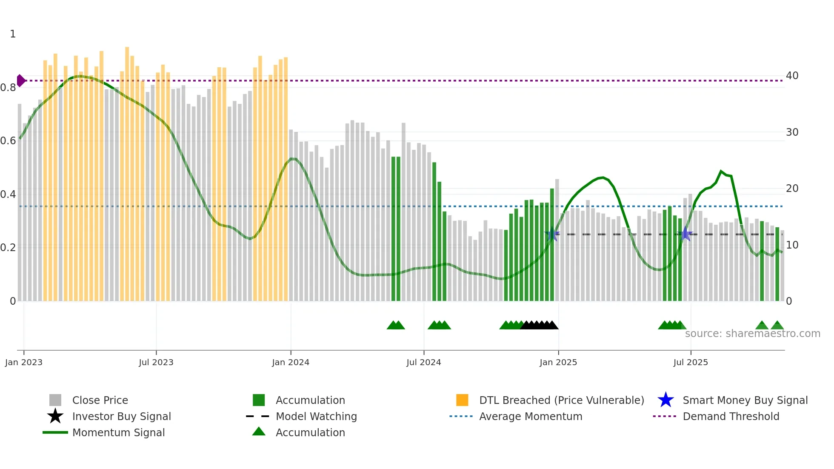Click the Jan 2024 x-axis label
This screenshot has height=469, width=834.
point(291,362)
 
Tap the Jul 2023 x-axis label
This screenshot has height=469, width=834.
point(156,362)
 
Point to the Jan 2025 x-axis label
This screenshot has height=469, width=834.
point(558,362)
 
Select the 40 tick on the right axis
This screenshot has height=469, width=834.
point(792,76)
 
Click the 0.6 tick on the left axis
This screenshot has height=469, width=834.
point(8,141)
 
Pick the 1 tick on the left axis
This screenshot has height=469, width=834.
point(13,34)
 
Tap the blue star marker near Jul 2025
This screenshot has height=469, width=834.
point(685,234)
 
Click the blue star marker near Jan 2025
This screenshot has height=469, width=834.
point(552,234)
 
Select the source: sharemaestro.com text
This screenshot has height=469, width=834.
point(752,334)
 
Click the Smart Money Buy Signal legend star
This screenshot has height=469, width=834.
point(665,400)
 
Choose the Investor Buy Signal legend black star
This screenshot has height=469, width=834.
point(55,416)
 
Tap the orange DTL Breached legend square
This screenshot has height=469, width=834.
point(462,400)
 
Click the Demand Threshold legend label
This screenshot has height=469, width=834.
point(731,416)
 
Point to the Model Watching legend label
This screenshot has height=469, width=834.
point(316,416)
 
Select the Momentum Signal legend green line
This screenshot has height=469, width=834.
point(55,432)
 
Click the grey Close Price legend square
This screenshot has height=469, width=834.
point(55,400)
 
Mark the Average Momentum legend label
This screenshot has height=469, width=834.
point(531,416)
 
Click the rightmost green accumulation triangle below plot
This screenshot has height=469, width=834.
point(777,326)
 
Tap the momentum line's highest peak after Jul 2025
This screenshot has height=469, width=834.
point(721,171)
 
